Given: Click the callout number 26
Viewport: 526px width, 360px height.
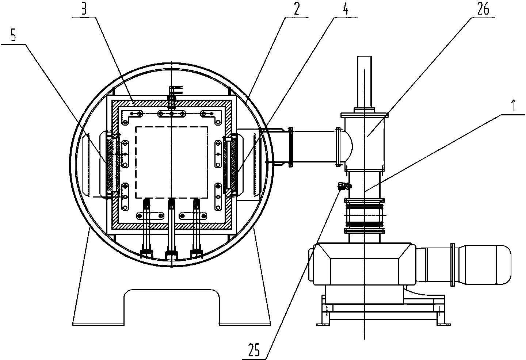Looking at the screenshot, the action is coord(483,9).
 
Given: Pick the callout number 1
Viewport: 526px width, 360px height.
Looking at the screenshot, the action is coord(513,106).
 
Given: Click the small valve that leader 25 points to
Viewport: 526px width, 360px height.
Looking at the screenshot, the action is coord(344,186).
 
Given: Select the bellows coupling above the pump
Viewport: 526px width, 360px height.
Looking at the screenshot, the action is coord(364,216).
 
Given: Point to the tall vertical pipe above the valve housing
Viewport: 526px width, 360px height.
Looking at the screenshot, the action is coord(364,82).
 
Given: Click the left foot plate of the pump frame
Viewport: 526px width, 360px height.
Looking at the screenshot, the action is coord(323,325).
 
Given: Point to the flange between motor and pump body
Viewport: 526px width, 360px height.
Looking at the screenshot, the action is coord(452,265).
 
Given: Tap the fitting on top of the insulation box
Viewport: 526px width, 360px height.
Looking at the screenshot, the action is coord(172,97).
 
